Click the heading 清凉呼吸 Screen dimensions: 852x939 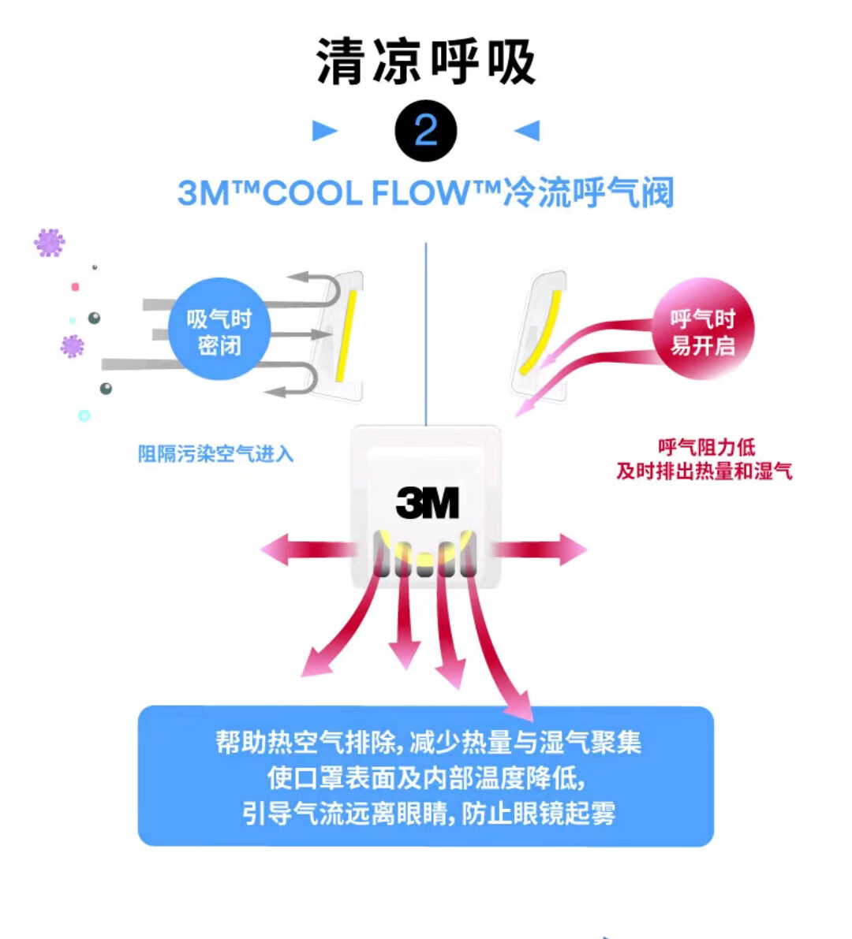pyautogui.click(x=425, y=61)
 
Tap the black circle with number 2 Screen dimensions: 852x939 pyautogui.click(x=426, y=131)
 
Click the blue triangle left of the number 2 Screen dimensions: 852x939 pyautogui.click(x=325, y=131)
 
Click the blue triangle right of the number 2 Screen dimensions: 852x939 pyautogui.click(x=527, y=131)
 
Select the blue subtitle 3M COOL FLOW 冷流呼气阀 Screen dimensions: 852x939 pyautogui.click(x=426, y=193)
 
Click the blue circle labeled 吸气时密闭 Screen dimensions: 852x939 pyautogui.click(x=219, y=329)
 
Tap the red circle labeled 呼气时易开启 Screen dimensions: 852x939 pyautogui.click(x=703, y=329)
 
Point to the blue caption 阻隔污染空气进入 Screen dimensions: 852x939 pyautogui.click(x=215, y=454)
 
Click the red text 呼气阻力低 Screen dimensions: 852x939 pyautogui.click(x=706, y=447)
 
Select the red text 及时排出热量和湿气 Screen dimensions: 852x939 pyautogui.click(x=704, y=471)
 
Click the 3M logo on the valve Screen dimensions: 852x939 pyautogui.click(x=428, y=502)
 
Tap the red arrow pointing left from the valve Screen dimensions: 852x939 pyautogui.click(x=306, y=550)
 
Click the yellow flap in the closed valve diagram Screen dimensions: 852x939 pyautogui.click(x=346, y=335)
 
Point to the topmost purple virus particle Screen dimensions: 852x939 pyautogui.click(x=49, y=243)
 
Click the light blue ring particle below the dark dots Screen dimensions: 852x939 pyautogui.click(x=84, y=415)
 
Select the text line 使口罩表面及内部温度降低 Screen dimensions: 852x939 pyautogui.click(x=426, y=778)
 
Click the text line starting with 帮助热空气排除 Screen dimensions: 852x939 pyautogui.click(x=428, y=743)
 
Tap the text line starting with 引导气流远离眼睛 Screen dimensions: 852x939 pyautogui.click(x=428, y=813)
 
